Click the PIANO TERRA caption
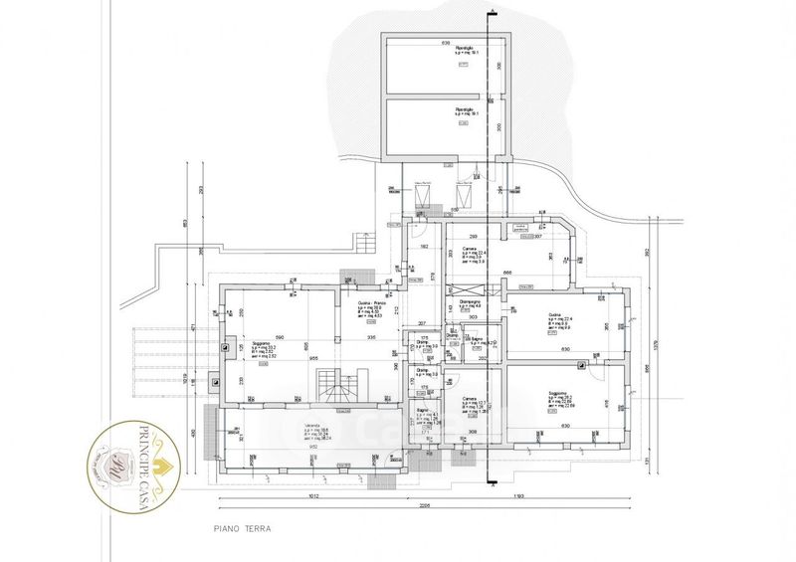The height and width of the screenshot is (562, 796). click(x=243, y=530)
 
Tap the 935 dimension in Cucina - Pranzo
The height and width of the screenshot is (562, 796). click(x=370, y=338)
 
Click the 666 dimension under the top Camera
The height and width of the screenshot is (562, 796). click(x=506, y=273)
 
